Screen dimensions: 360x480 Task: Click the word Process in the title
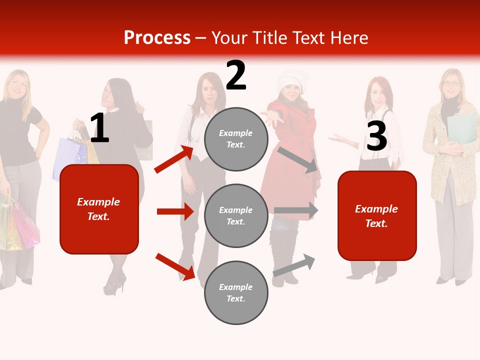tap(157, 38)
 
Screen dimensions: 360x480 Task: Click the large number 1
tap(99, 128)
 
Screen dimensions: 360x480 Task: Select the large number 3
tap(376, 136)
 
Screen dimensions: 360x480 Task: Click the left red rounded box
tap(99, 209)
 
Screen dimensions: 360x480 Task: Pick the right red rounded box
tap(377, 215)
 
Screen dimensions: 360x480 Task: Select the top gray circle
tap(236, 139)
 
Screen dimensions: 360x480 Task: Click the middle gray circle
tap(236, 215)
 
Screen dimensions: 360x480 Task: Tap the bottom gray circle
tap(236, 292)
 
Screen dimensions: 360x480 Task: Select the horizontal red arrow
tap(175, 211)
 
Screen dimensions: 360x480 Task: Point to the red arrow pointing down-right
tap(175, 266)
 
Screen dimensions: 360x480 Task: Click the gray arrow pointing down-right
tap(298, 159)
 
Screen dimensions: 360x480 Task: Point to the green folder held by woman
tap(462, 127)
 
